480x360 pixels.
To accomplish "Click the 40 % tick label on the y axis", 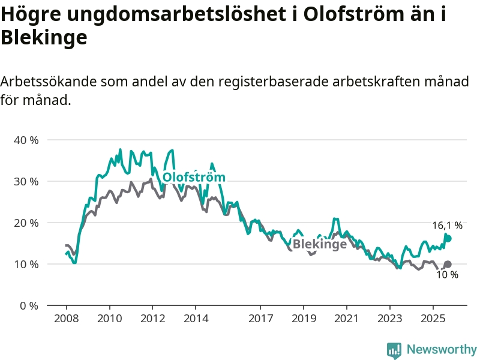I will click(26, 140).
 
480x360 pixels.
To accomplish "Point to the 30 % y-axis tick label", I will click(26, 181).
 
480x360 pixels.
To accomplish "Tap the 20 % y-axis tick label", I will click(26, 223).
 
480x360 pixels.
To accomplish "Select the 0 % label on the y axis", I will click(29, 305).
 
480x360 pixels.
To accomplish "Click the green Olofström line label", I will click(194, 178).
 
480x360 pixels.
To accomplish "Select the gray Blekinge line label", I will click(319, 244).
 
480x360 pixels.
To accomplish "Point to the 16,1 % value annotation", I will click(448, 226).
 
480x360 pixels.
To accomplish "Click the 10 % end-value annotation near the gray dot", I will click(447, 275).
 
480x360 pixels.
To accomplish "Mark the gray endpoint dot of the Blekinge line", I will click(448, 264).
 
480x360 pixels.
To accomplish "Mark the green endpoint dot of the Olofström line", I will click(448, 238).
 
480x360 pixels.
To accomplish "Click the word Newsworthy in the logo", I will click(442, 349).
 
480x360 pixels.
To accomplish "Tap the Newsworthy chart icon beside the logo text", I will click(394, 350).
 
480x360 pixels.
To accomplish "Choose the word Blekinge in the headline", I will click(44, 37).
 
